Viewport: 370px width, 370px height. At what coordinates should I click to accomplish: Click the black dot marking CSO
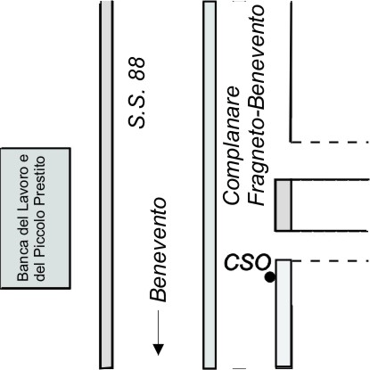coord(270,277)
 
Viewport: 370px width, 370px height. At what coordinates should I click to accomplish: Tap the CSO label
coord(248,262)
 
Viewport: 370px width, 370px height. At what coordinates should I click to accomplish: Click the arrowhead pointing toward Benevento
coord(159,349)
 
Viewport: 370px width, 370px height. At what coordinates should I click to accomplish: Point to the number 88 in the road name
coord(137,69)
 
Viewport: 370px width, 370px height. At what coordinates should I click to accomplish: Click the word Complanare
coord(232,145)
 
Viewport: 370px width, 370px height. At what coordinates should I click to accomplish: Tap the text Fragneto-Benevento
coord(257,105)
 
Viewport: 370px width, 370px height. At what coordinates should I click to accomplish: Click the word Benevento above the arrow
coord(158,250)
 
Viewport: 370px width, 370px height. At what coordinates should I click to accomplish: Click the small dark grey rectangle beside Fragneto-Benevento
coord(284,205)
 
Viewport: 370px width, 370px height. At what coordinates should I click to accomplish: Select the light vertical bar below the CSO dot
coord(284,314)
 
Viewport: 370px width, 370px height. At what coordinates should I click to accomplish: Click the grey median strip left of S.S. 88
coord(106,185)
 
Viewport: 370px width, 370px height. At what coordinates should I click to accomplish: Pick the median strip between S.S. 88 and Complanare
coord(210,185)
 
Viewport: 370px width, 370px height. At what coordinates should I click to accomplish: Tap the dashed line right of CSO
coord(330,261)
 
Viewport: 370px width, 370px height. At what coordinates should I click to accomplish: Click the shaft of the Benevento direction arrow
coord(159,327)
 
